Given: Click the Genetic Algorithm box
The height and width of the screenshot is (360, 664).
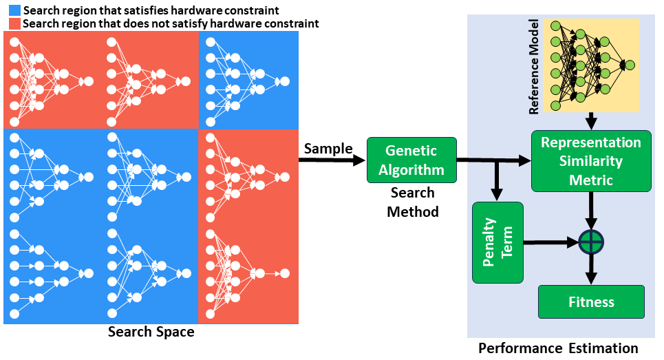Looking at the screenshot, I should point(411,160).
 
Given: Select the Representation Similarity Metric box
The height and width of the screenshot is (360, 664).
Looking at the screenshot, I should point(590,160).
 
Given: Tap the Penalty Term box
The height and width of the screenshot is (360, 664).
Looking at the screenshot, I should point(497,242).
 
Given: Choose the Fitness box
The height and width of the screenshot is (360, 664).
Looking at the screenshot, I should point(591,301).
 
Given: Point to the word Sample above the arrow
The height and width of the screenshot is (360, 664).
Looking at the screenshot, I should point(328,149).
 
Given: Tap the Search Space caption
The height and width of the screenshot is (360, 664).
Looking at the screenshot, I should point(151,332).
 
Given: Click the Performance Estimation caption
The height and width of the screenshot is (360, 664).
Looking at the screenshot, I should point(558,348).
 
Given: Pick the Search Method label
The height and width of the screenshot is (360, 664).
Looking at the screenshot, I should point(412,202).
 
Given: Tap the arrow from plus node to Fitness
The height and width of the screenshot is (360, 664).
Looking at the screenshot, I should point(590,269).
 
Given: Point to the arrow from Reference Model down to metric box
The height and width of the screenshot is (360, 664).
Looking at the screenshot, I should point(590,121).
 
